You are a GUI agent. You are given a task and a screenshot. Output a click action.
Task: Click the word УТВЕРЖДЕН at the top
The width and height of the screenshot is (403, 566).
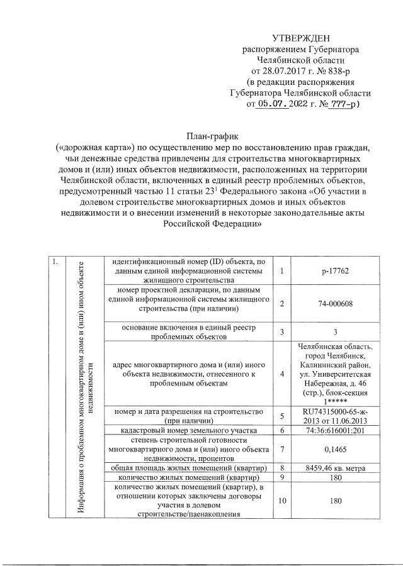301,39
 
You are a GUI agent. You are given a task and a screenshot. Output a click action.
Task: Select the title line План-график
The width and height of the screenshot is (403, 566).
211,135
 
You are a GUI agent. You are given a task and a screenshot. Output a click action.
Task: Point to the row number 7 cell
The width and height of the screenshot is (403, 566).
283,450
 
